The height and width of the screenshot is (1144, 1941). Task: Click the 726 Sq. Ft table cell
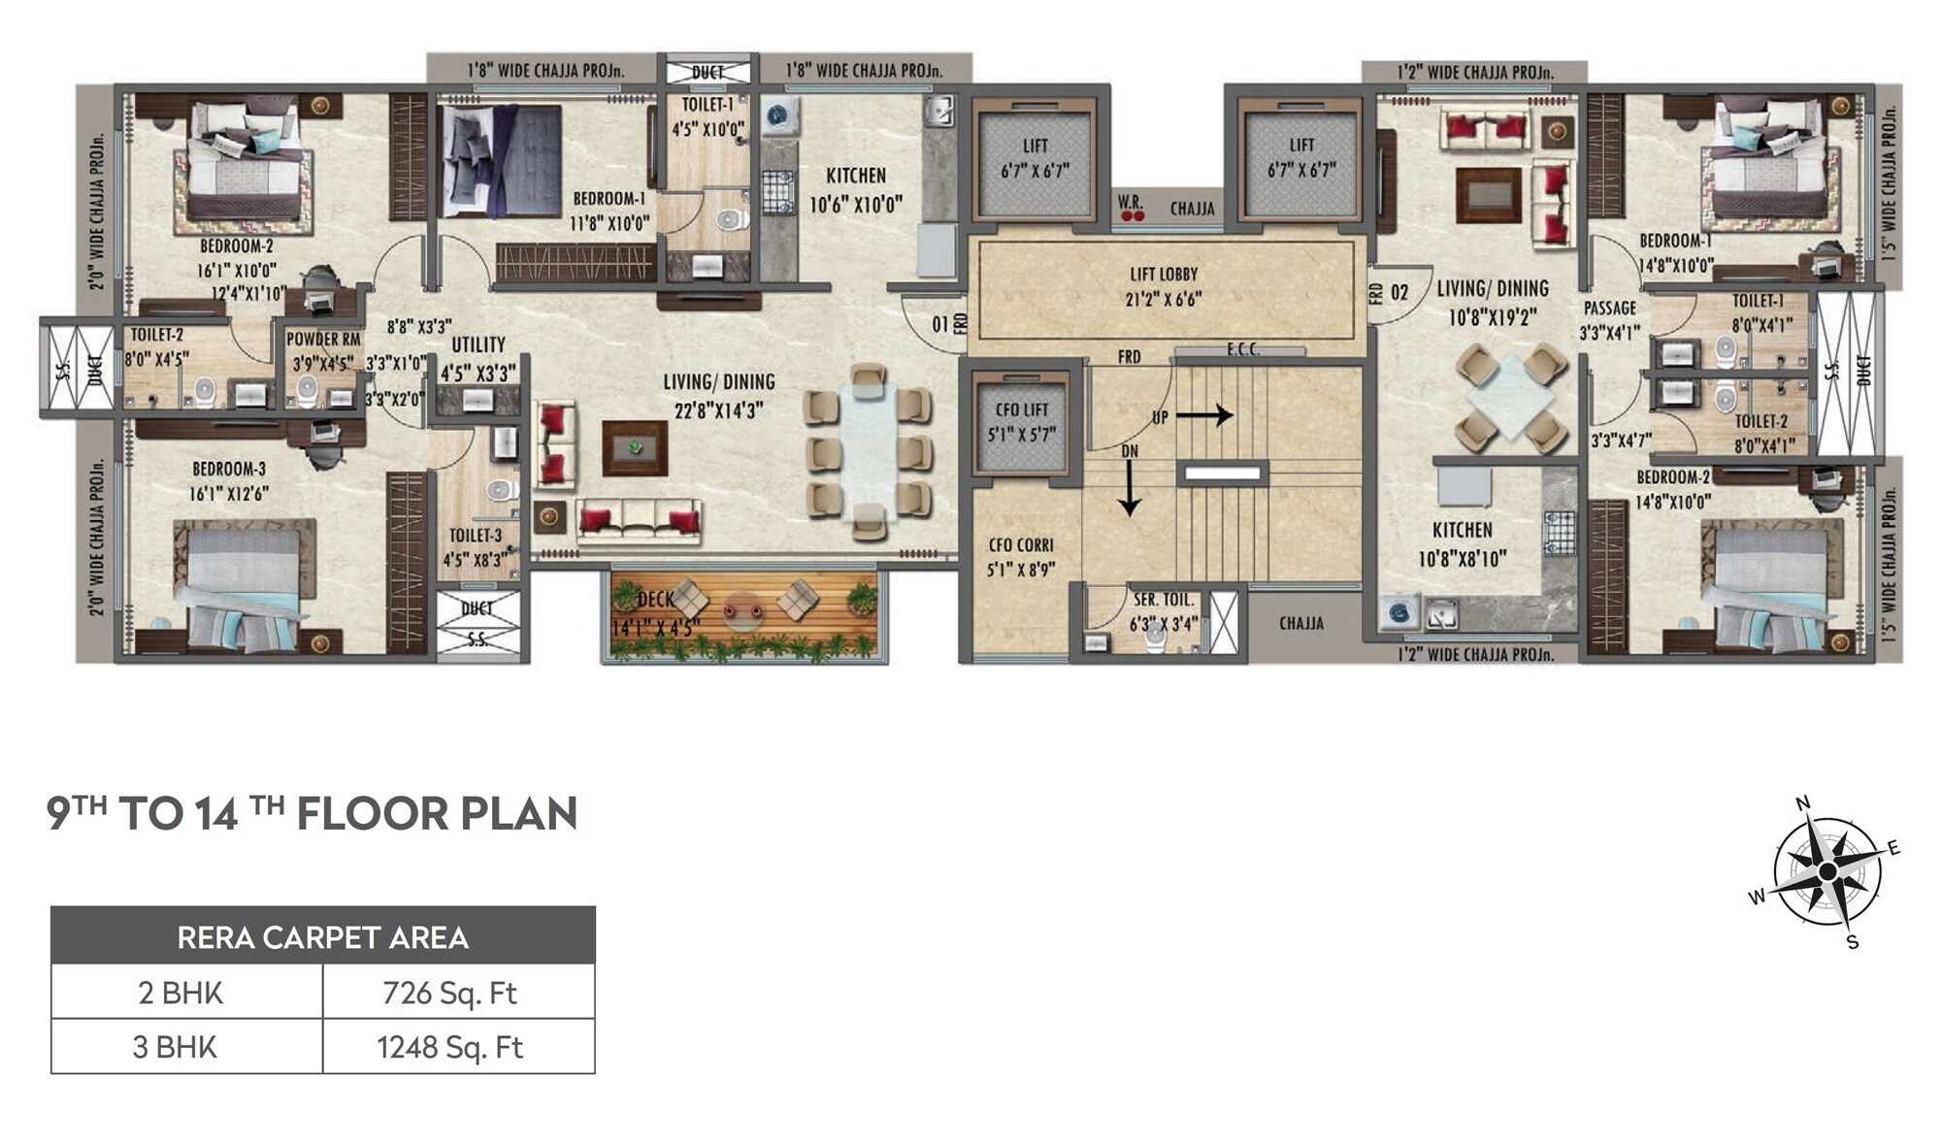(x=449, y=993)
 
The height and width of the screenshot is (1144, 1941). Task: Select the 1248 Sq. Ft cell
(x=449, y=1047)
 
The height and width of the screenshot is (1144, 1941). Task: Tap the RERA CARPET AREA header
(x=322, y=937)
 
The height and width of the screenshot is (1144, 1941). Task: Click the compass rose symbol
(x=1826, y=871)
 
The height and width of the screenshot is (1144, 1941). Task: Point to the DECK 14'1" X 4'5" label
(x=655, y=615)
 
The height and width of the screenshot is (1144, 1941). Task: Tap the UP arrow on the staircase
(x=1203, y=416)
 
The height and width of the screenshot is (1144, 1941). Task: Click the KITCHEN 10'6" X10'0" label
(x=856, y=189)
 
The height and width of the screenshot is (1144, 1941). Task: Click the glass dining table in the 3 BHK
(x=867, y=452)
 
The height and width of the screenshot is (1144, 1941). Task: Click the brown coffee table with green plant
(x=635, y=448)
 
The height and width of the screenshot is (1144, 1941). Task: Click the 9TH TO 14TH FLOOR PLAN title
(x=312, y=813)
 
